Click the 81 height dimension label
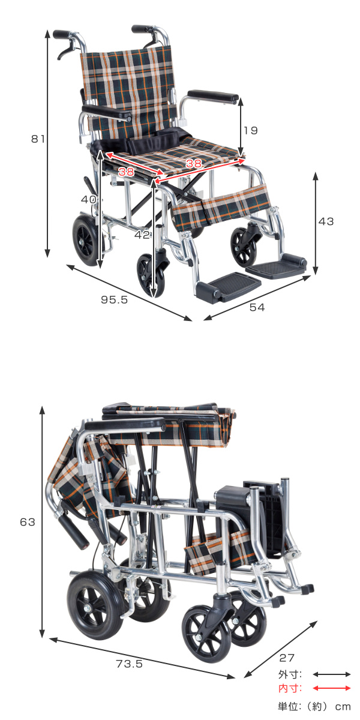[38, 139]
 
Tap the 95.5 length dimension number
[114, 300]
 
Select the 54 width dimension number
[257, 308]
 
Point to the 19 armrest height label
[250, 131]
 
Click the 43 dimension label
[326, 221]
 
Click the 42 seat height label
[142, 235]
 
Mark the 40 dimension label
[88, 200]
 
